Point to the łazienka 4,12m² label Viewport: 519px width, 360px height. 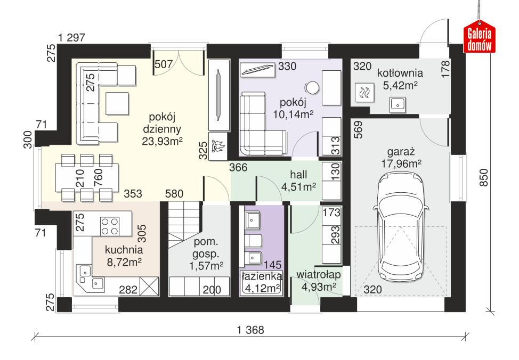click(261, 283)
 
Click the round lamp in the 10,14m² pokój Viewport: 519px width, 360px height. click(311, 88)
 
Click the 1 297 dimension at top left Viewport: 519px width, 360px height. click(72, 38)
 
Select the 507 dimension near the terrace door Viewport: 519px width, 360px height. click(163, 64)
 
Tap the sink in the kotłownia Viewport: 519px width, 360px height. click(398, 105)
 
